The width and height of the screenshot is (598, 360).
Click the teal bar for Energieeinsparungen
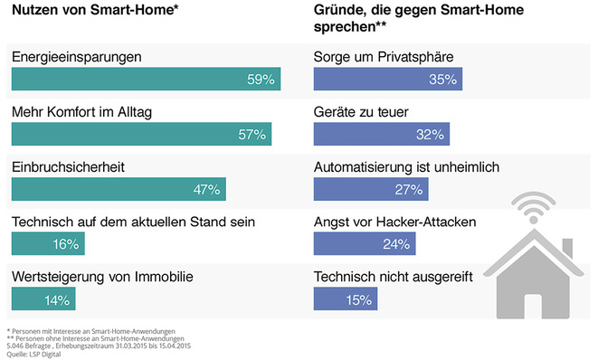146,80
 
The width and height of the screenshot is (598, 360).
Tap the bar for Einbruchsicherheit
119,189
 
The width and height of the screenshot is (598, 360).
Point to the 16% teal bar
48,243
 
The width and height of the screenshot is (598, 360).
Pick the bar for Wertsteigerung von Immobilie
43,298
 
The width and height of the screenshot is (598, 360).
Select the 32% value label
430,135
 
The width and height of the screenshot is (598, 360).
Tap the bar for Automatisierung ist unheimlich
371,189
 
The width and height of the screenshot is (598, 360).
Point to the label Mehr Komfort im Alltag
81,112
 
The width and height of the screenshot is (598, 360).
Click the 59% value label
261,80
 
